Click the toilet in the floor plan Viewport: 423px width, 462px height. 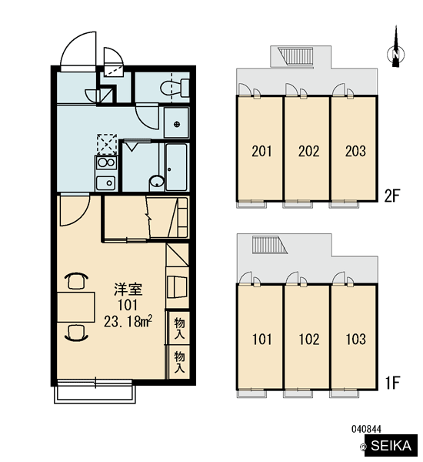[x=175, y=88]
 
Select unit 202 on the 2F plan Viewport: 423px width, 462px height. [x=306, y=148]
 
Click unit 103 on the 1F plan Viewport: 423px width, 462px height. [x=354, y=336]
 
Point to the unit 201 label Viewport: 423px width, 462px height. [x=261, y=151]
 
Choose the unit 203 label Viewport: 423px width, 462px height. [x=355, y=151]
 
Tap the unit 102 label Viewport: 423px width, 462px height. [x=309, y=340]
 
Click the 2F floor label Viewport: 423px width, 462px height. [x=392, y=196]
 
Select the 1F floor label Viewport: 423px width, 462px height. [x=392, y=383]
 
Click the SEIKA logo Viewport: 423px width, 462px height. [x=391, y=446]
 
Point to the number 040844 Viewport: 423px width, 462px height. [x=366, y=429]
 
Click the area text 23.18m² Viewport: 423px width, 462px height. [x=128, y=321]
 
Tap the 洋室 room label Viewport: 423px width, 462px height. [x=128, y=290]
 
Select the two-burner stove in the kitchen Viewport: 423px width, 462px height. [x=106, y=162]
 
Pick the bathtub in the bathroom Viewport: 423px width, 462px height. [x=176, y=167]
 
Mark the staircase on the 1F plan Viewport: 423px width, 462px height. [x=269, y=245]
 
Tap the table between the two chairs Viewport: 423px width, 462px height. [x=75, y=307]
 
